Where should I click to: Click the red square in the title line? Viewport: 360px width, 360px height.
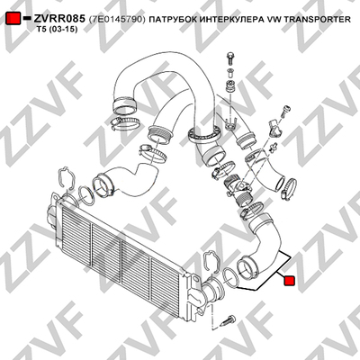point(13,19)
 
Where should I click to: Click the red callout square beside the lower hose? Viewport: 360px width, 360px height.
point(290,281)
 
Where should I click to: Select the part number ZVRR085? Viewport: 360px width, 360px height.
point(59,19)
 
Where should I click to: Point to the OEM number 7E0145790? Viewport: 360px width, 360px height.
point(117,20)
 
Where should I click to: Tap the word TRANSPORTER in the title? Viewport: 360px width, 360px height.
point(317,20)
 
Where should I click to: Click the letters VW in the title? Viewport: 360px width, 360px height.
point(274,20)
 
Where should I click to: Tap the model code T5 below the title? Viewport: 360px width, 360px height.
point(41,30)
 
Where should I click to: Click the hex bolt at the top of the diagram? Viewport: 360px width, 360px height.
point(229,58)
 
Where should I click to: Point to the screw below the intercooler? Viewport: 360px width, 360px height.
point(228,320)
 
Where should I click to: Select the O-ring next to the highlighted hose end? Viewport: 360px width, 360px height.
point(230,277)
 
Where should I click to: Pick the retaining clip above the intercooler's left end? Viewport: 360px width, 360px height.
point(67,179)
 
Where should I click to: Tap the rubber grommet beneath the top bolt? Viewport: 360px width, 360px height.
point(230,85)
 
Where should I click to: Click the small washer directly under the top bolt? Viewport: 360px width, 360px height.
point(230,72)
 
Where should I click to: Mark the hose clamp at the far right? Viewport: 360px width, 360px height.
point(289,187)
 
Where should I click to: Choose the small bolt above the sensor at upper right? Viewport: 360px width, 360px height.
point(285,112)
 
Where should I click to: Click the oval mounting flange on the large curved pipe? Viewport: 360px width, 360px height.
point(204,134)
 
